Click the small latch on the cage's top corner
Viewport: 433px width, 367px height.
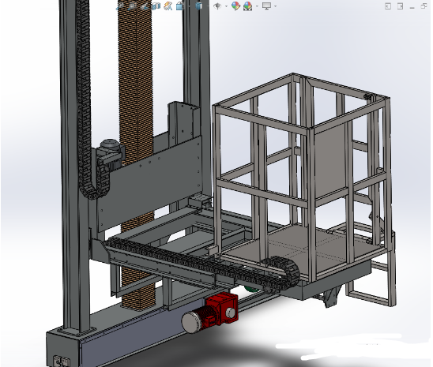(367, 97)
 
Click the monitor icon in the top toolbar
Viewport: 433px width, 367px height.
(267, 6)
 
